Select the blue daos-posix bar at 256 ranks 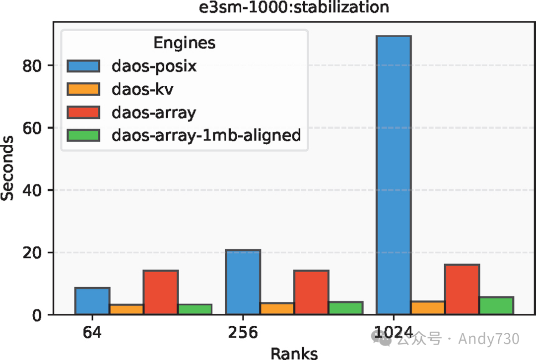(x=243, y=282)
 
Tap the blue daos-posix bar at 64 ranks (x=92, y=301)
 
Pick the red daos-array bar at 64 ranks (x=160, y=293)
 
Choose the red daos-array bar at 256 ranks (x=311, y=293)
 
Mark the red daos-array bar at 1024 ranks (x=462, y=290)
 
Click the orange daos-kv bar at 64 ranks (x=127, y=309)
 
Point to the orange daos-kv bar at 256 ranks (x=277, y=308)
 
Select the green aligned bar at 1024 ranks (x=496, y=305)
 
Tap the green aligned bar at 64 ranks (x=195, y=309)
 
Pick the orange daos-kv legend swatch (x=84, y=89)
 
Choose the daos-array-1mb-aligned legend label (x=206, y=135)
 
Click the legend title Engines (x=184, y=43)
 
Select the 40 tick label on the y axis (x=34, y=190)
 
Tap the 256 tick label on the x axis (x=243, y=332)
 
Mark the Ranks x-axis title (x=294, y=353)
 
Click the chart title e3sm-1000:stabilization (x=294, y=7)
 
